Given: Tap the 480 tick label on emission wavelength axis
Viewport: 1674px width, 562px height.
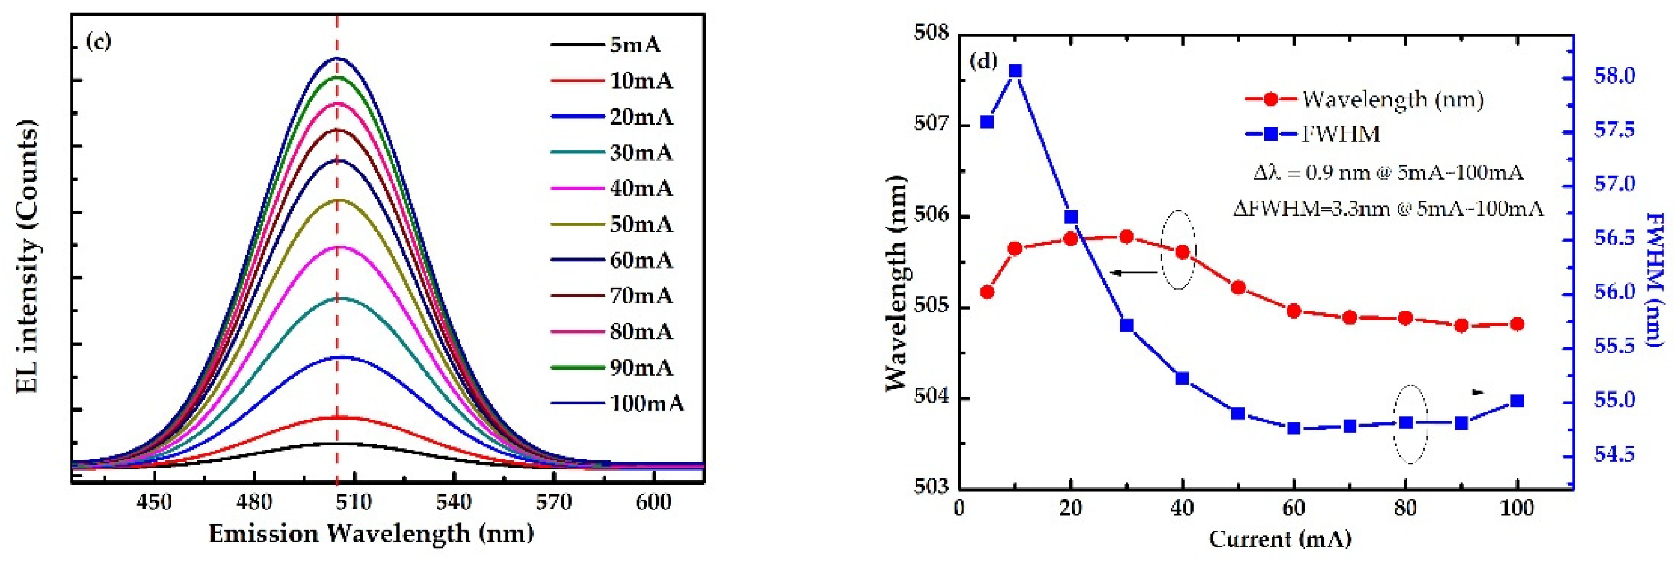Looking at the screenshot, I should [254, 503].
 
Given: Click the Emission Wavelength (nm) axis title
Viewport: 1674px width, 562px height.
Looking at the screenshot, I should [371, 533].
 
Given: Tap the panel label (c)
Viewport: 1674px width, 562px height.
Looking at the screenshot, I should [99, 42].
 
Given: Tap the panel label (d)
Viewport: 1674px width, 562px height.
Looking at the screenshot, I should [982, 61].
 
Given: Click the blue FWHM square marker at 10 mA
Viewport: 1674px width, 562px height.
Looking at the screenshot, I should [1015, 71].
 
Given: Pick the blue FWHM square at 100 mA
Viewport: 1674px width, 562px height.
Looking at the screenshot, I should [1517, 400].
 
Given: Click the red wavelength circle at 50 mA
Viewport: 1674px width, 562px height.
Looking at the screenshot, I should [1238, 288].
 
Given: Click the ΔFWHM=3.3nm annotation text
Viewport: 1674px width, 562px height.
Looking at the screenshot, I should [1388, 208].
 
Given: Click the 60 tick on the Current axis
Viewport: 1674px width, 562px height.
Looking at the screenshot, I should [1293, 508].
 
